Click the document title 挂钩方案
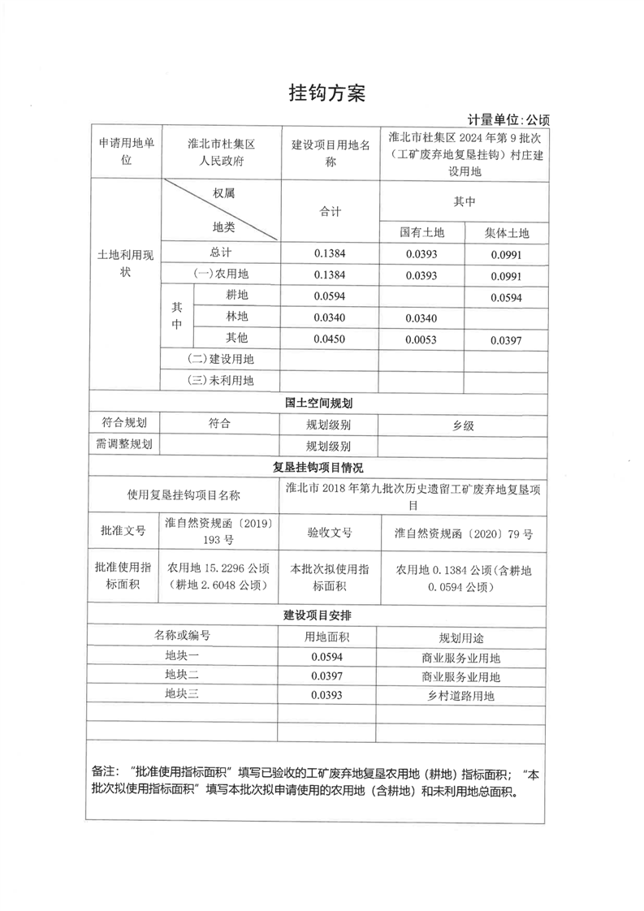(x=327, y=93)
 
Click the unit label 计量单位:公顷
(x=508, y=119)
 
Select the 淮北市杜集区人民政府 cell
(x=222, y=152)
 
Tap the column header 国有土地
(x=422, y=232)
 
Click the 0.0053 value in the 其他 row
(x=421, y=339)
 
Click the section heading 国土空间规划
(x=318, y=403)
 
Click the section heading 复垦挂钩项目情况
(x=318, y=468)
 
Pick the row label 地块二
(x=182, y=676)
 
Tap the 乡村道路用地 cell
(x=460, y=696)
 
